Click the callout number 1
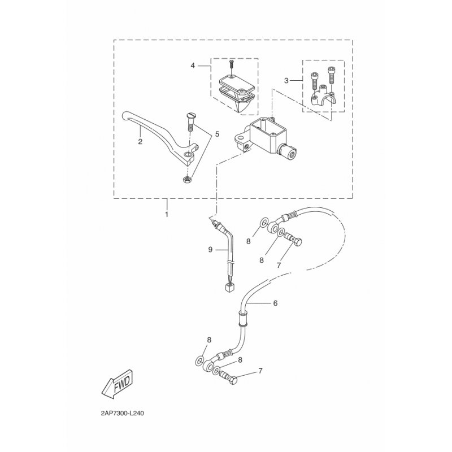(167, 215)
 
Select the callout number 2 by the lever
(140, 142)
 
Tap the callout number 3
(286, 81)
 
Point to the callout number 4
(193, 66)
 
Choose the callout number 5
(217, 134)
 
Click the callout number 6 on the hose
(275, 303)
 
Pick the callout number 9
(210, 249)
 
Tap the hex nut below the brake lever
(187, 180)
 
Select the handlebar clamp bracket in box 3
(323, 95)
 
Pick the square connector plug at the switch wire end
(230, 287)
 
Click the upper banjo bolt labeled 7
(293, 240)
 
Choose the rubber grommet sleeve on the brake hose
(244, 318)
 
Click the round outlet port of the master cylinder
(292, 154)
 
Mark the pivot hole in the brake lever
(188, 156)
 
